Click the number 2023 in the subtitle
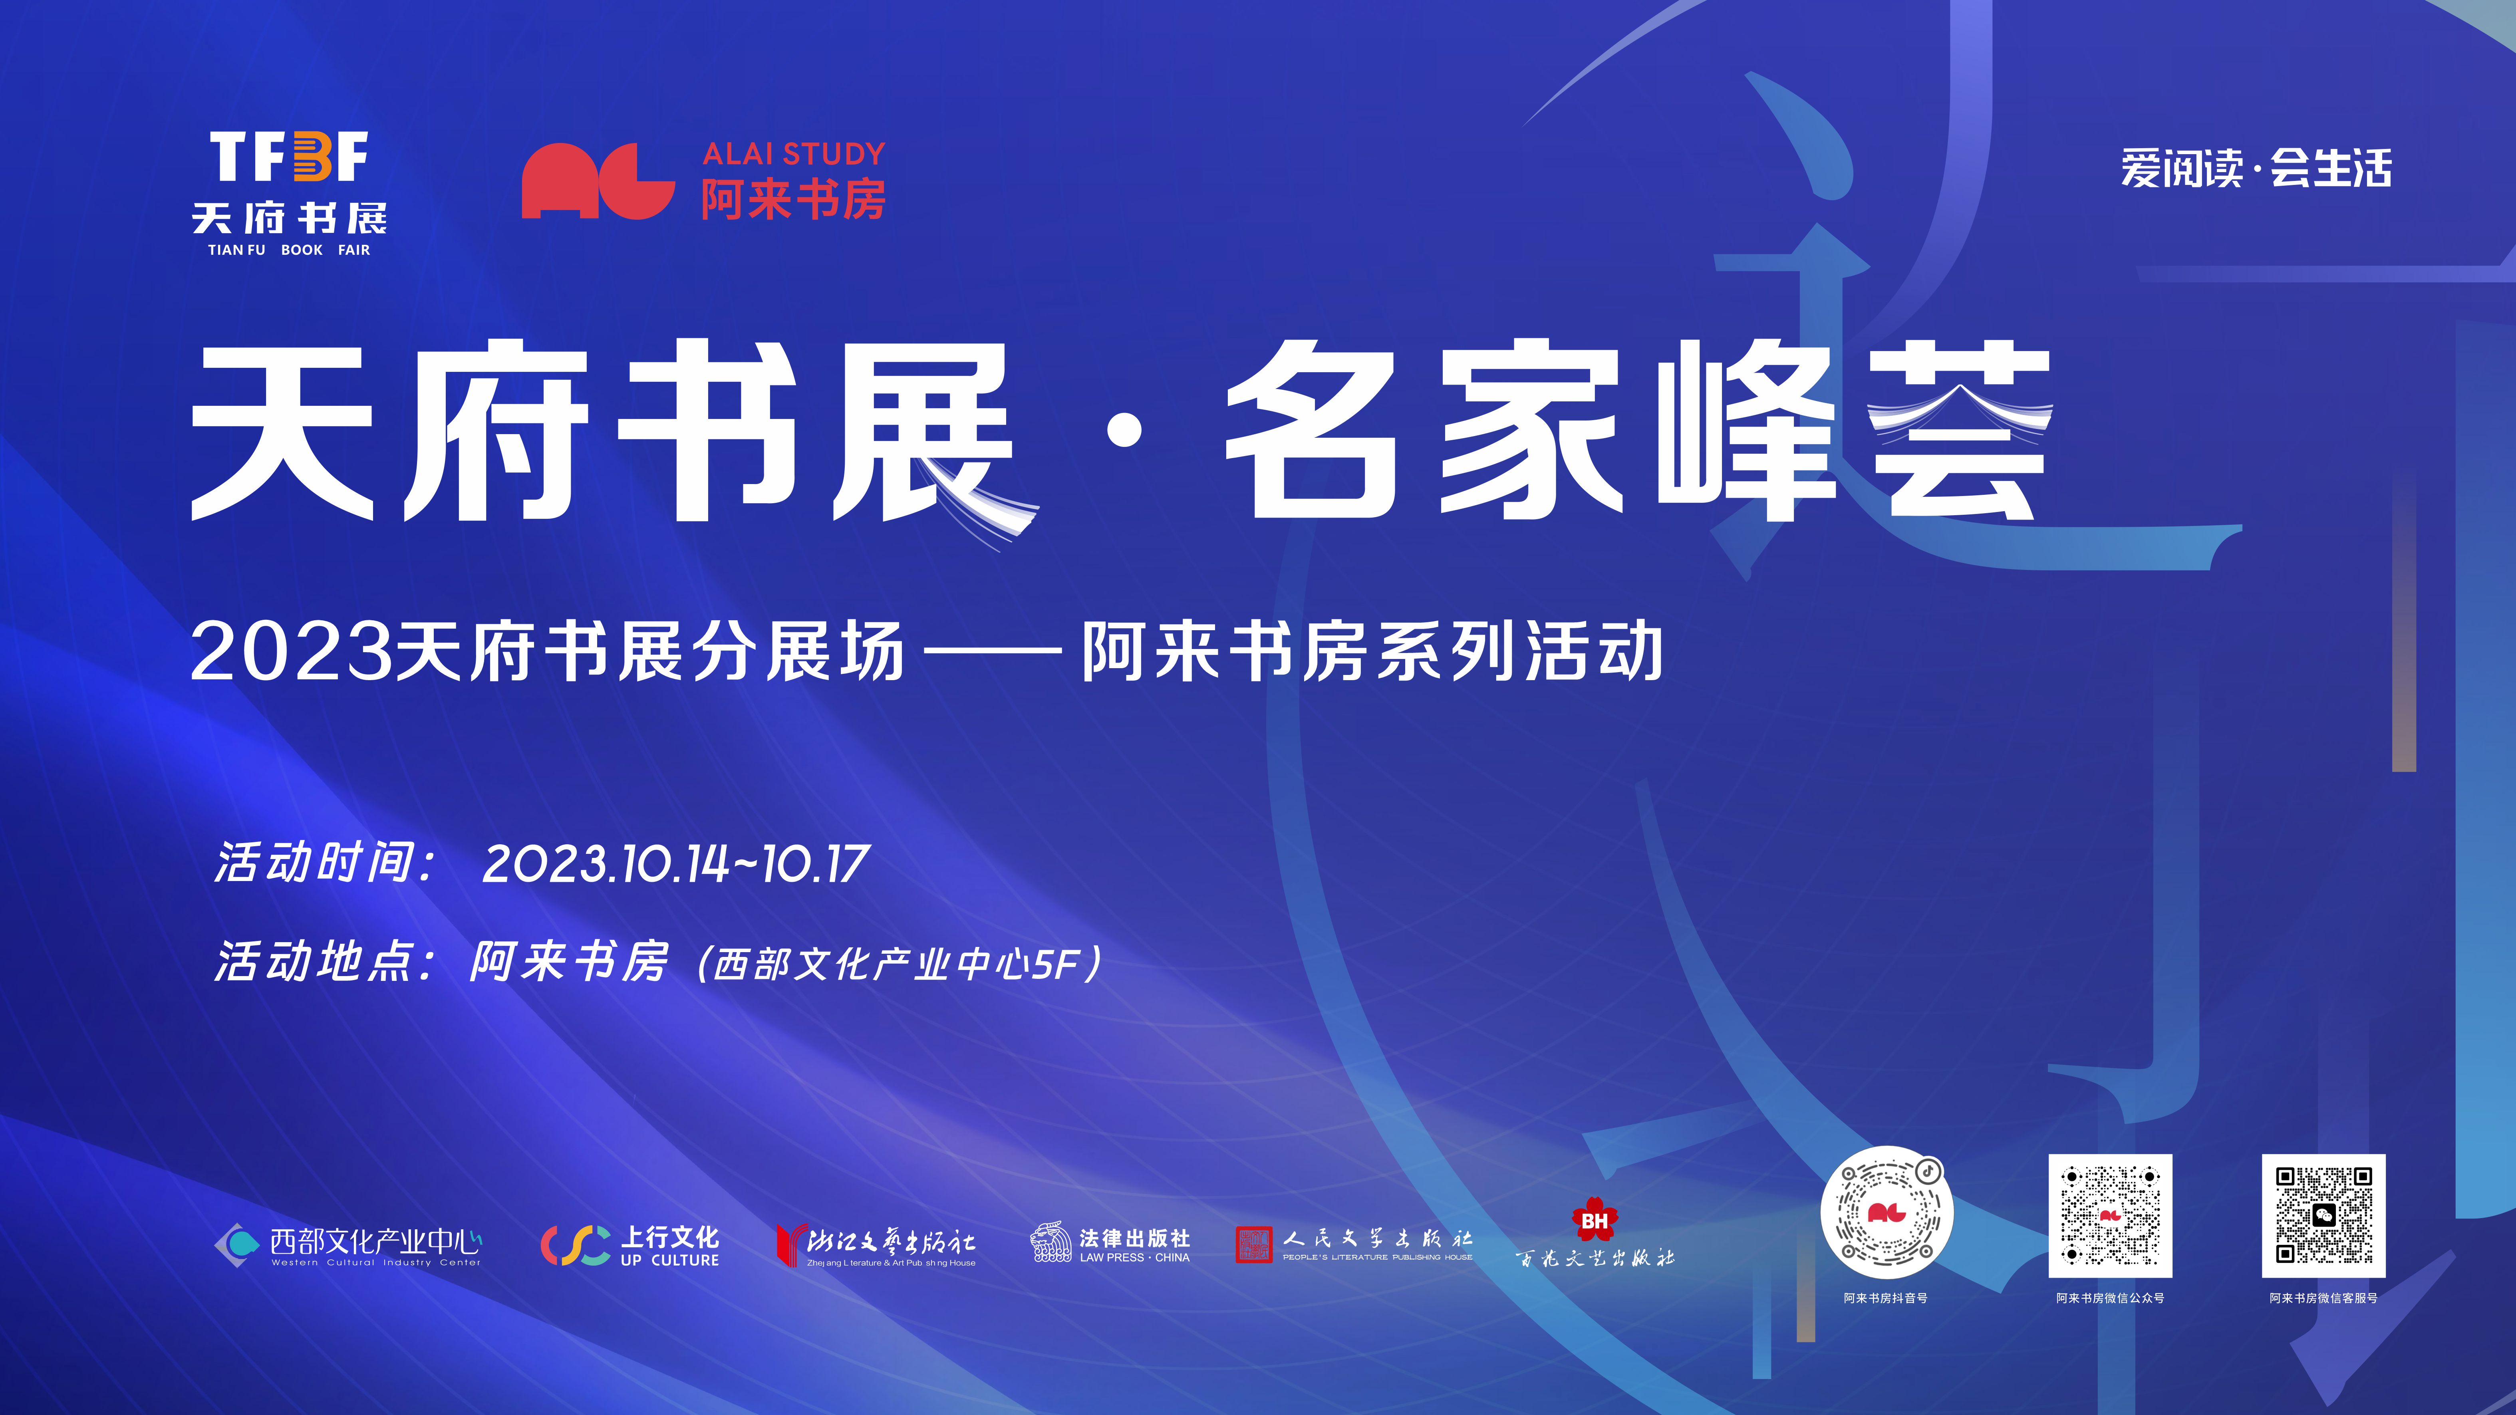290,652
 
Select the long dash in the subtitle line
992,652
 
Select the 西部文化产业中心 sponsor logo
348,1244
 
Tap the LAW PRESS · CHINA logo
1110,1243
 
